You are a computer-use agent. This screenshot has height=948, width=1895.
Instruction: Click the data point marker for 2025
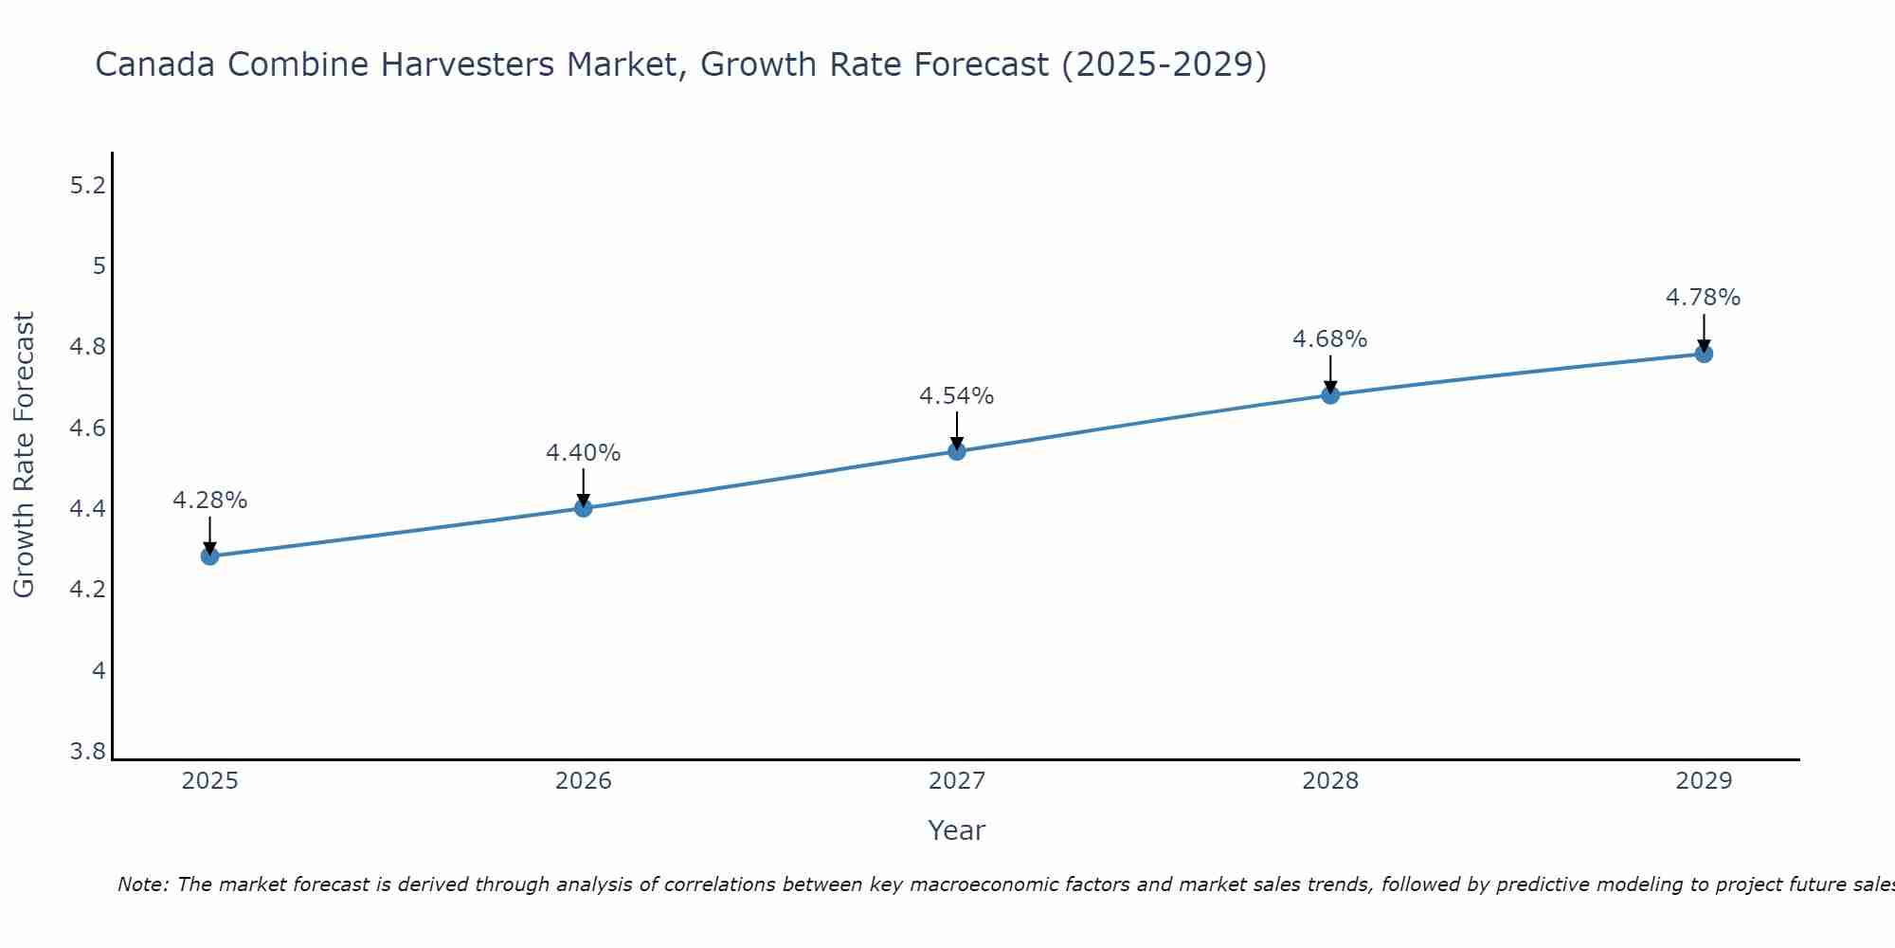coord(209,556)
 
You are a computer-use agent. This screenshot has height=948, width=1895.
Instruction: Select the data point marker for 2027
coord(957,451)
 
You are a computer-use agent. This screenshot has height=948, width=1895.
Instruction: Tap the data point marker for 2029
coord(1704,354)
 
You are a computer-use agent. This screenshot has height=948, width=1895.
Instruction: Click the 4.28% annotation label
coord(209,500)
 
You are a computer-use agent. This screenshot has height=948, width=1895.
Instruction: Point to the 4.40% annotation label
coord(583,453)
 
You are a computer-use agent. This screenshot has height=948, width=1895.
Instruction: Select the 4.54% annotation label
coord(956,396)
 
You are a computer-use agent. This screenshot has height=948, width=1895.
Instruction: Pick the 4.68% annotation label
coord(1329,339)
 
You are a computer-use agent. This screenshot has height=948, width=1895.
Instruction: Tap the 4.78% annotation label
coord(1703,298)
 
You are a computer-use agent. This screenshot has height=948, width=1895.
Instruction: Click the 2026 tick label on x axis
coord(583,781)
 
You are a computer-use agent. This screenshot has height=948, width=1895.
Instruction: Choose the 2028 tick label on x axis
coord(1329,781)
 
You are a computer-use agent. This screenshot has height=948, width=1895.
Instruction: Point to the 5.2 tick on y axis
coord(88,186)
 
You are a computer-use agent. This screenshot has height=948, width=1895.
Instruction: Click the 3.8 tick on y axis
coord(88,753)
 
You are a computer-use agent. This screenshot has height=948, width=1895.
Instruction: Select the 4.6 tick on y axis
coord(88,428)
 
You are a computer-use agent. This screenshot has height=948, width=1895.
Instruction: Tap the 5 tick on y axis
coord(99,266)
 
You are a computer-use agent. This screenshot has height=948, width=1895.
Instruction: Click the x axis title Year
coord(956,830)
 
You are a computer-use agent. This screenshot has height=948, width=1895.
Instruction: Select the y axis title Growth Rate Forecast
coord(24,455)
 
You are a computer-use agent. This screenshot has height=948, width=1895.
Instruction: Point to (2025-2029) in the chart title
coord(1164,64)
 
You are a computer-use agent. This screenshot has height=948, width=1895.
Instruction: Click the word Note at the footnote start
coord(142,884)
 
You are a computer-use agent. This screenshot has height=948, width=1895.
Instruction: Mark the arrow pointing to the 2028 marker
coord(1330,374)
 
